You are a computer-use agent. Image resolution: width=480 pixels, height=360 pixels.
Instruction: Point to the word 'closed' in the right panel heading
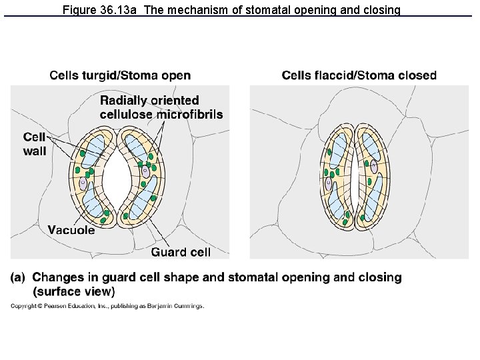(x=417, y=76)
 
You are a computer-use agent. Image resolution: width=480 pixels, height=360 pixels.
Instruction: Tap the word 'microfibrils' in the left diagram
(x=190, y=114)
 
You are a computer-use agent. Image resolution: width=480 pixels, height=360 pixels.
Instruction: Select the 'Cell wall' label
(x=35, y=144)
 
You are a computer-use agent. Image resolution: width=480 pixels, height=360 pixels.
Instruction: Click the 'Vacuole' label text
(x=71, y=231)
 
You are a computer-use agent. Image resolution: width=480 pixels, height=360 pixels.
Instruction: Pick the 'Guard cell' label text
(x=181, y=251)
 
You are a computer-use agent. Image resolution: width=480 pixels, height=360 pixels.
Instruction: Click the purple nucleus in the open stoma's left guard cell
(x=83, y=182)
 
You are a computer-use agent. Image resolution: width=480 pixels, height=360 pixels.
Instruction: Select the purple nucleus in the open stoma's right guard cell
(x=145, y=172)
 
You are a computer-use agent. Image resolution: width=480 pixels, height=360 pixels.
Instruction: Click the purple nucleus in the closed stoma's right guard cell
(x=374, y=168)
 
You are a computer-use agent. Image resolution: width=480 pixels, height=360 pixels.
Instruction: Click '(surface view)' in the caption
(x=73, y=291)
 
